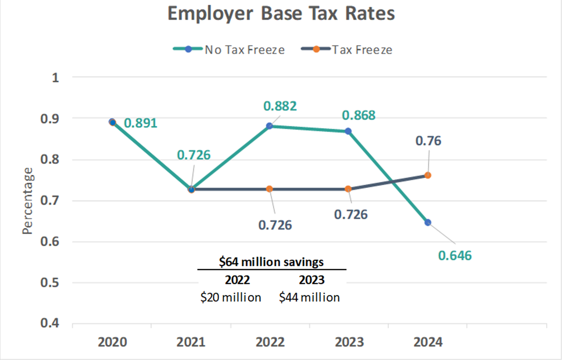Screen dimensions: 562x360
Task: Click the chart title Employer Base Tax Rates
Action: (x=281, y=14)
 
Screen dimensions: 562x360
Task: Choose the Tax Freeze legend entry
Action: (x=347, y=49)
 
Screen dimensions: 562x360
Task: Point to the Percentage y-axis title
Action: (x=28, y=201)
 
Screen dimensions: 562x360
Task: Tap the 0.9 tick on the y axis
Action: (x=50, y=118)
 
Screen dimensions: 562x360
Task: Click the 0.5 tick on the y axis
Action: (x=50, y=283)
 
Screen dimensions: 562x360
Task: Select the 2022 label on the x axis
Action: (x=270, y=342)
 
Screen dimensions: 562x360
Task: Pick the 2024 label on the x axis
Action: (x=428, y=342)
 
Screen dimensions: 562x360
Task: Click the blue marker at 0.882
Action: (x=269, y=126)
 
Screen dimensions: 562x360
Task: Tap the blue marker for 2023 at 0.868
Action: (x=348, y=131)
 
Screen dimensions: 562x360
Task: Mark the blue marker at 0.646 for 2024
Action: (x=428, y=222)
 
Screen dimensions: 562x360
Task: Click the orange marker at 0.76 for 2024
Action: (x=428, y=175)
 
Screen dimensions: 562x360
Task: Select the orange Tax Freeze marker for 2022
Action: (x=269, y=189)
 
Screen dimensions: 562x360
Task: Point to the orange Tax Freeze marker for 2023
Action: (x=348, y=189)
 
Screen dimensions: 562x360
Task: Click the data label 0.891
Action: (x=140, y=123)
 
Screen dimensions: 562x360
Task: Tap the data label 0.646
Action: (x=455, y=256)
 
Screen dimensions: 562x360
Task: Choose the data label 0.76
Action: (x=428, y=141)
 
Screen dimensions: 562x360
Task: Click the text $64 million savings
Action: (x=271, y=262)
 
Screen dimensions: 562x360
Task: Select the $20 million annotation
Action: (x=231, y=298)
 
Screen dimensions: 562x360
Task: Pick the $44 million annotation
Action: (x=310, y=298)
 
